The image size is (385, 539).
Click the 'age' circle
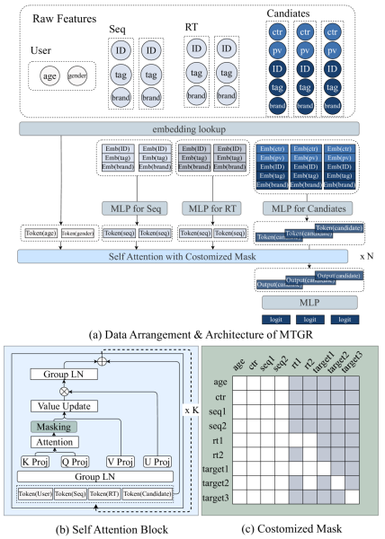49,76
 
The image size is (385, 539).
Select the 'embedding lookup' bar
188,129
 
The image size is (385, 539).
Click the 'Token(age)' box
40,234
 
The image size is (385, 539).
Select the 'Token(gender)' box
77,234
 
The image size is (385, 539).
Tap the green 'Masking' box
55,427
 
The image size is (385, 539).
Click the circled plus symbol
103,360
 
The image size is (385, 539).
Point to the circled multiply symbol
64,392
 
